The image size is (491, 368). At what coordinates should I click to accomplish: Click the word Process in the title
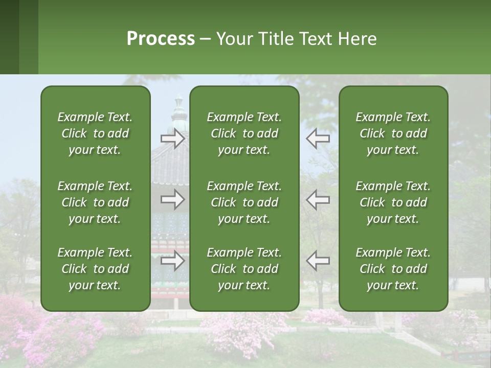161,39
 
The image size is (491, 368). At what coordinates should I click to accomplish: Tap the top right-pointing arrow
172,139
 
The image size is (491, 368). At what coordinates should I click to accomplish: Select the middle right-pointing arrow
172,199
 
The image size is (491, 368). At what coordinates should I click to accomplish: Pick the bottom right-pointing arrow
172,261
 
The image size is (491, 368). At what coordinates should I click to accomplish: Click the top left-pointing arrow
318,139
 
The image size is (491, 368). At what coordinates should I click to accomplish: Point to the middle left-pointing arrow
318,199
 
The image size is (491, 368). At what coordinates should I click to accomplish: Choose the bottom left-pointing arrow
318,261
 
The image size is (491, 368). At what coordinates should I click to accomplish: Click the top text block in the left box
95,133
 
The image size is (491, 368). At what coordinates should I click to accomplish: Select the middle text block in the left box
95,202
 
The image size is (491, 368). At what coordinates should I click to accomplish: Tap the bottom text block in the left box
95,269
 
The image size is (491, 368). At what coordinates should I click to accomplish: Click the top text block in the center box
244,133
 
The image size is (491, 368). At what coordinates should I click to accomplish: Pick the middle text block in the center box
244,202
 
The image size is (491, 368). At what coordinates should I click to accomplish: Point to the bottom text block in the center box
244,269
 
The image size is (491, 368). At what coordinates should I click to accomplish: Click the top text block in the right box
393,133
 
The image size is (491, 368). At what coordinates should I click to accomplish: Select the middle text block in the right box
393,202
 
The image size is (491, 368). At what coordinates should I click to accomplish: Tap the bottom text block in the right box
393,269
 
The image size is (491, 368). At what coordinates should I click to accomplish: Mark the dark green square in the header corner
9,37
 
